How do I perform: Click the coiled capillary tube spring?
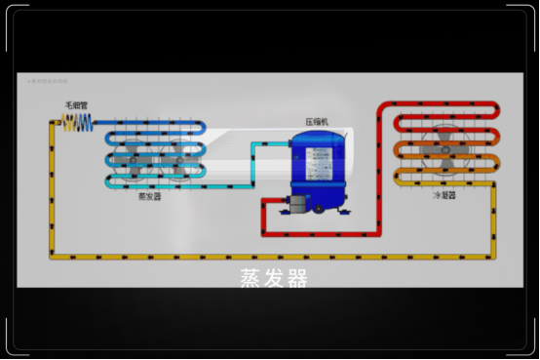click(78, 122)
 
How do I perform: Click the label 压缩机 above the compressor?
click(318, 123)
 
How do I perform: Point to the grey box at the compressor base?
click(293, 206)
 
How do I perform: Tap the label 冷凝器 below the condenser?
click(444, 195)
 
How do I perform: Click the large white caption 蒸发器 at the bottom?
click(273, 277)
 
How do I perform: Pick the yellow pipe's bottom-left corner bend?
click(52, 256)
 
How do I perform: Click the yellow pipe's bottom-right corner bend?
click(493, 256)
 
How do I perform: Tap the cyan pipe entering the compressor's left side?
click(283, 145)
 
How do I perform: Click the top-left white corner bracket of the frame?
click(16, 15)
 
